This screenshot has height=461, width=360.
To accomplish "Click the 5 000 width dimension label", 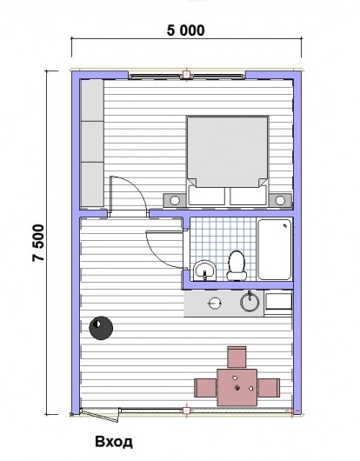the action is pyautogui.click(x=186, y=30).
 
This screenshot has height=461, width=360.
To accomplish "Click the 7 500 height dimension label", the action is pyautogui.click(x=38, y=243).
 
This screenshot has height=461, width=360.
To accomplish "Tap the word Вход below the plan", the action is pyautogui.click(x=114, y=442).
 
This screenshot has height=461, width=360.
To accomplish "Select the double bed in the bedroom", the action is pyautogui.click(x=228, y=160).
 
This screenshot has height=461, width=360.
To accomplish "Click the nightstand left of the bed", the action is pyautogui.click(x=175, y=200).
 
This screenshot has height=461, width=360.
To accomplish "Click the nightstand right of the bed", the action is pyautogui.click(x=280, y=200).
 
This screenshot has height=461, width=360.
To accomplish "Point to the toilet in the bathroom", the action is pyautogui.click(x=237, y=265).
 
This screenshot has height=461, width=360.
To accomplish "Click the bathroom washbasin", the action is pyautogui.click(x=205, y=271).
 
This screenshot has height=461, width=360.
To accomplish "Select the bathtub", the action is pyautogui.click(x=275, y=250).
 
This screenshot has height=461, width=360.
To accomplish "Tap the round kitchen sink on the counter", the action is pyautogui.click(x=250, y=302).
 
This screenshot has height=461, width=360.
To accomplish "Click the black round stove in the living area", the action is pyautogui.click(x=101, y=328).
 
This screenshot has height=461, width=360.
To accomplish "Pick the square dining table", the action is pyautogui.click(x=237, y=387).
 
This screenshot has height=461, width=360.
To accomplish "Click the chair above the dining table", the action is pyautogui.click(x=237, y=357).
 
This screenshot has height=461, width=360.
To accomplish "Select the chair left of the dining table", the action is pyautogui.click(x=205, y=388).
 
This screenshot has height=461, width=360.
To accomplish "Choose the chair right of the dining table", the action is pyautogui.click(x=269, y=388).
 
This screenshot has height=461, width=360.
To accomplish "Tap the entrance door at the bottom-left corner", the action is pyautogui.click(x=100, y=415).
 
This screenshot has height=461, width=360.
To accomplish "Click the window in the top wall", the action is pyautogui.click(x=186, y=76).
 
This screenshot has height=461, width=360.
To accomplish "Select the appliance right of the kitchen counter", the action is pyautogui.click(x=278, y=303).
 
